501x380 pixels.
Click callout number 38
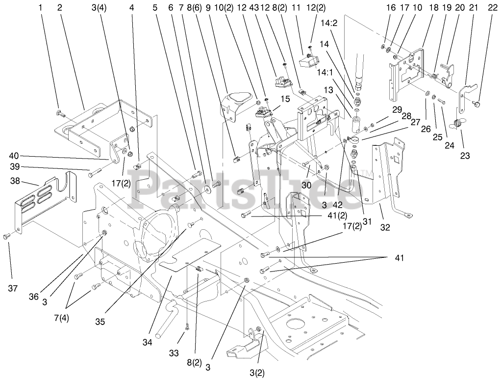point(15,181)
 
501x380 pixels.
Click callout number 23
point(465,156)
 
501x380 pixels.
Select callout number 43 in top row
point(253,7)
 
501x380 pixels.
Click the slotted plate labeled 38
point(47,196)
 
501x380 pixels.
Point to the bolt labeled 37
point(6,237)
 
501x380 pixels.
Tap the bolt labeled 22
point(478,104)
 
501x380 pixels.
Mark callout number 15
point(271,99)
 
